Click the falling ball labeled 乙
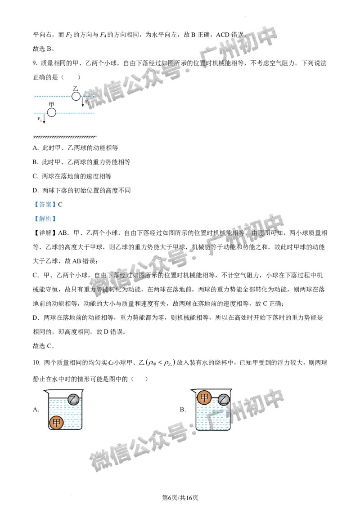[x=76, y=96]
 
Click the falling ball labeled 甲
[x=52, y=112]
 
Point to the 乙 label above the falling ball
[x=76, y=89]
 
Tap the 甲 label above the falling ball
[x=51, y=105]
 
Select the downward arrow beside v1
[x=44, y=120]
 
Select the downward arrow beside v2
[x=83, y=103]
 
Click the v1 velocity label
[x=40, y=119]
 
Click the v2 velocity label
[x=87, y=102]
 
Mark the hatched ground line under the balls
[x=65, y=137]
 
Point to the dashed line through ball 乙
[x=54, y=96]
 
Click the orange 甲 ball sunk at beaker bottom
[x=57, y=423]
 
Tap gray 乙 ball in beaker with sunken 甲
[x=73, y=399]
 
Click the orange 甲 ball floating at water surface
[x=204, y=397]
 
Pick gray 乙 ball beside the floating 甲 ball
[x=224, y=399]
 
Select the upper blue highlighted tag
[x=45, y=205]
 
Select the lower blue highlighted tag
[x=45, y=218]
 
